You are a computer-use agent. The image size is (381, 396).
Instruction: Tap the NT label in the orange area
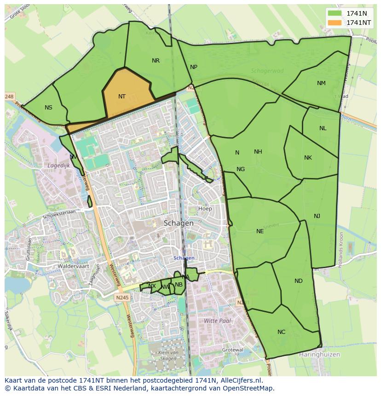(122, 97)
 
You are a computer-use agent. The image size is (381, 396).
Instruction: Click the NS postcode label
(48, 108)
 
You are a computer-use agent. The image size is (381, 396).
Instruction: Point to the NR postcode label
(156, 61)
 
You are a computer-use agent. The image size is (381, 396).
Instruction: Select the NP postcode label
(194, 67)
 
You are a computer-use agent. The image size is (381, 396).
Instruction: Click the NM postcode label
(321, 83)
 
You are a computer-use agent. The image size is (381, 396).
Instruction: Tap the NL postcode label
(323, 128)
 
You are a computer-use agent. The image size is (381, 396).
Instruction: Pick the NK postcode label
(308, 158)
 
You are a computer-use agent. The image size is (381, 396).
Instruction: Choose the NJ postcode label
(317, 216)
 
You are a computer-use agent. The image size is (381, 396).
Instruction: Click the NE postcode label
(260, 231)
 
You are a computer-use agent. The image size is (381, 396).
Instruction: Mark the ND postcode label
(299, 281)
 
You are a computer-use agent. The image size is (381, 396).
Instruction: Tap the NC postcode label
(281, 332)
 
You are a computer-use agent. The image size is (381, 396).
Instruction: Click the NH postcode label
(258, 152)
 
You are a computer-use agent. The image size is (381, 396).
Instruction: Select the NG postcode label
(241, 169)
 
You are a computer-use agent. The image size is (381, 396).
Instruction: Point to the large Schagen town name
(179, 223)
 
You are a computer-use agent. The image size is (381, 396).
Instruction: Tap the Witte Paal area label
(217, 321)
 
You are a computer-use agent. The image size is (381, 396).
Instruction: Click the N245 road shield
(123, 298)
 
